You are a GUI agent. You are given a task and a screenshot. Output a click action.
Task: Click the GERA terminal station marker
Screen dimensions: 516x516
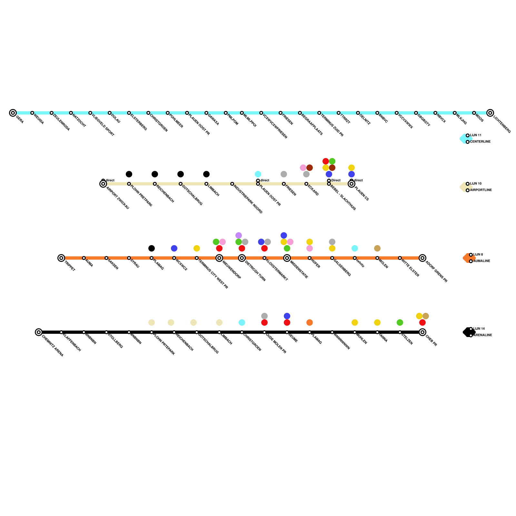pyautogui.click(x=13, y=113)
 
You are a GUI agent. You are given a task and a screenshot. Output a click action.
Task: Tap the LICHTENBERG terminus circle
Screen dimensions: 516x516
pyautogui.click(x=490, y=113)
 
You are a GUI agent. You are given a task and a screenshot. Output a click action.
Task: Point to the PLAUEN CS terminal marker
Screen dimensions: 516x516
pyautogui.click(x=352, y=184)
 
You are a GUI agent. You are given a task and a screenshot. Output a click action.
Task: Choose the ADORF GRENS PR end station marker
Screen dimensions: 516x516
pyautogui.click(x=422, y=258)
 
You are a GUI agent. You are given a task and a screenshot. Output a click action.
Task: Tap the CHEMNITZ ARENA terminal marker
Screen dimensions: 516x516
pyautogui.click(x=39, y=332)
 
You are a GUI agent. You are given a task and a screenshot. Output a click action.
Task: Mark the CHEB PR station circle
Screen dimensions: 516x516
pyautogui.click(x=422, y=332)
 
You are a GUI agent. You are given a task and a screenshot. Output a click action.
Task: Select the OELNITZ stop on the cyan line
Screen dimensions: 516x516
pyautogui.click(x=358, y=113)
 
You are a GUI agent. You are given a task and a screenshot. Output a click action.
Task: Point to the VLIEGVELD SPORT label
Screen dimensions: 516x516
pyautogui.click(x=103, y=124)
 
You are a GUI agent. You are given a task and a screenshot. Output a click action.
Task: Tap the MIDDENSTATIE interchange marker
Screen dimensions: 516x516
pyautogui.click(x=287, y=258)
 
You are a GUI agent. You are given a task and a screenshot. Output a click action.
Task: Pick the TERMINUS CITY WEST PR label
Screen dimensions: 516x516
pyautogui.click(x=213, y=274)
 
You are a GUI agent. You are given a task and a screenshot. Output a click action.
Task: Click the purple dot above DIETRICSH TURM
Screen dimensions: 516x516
pyautogui.click(x=239, y=235)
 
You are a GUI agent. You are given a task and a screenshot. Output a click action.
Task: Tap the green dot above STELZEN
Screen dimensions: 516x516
pyautogui.click(x=400, y=322)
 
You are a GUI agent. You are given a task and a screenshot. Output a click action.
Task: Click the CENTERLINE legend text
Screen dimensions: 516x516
pyautogui.click(x=480, y=142)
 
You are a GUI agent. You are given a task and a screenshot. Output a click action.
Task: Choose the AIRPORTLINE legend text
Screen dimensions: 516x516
pyautogui.click(x=481, y=190)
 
